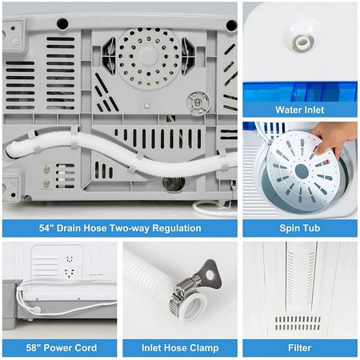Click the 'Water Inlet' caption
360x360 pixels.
(x=300, y=110)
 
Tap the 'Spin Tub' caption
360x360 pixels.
(x=300, y=228)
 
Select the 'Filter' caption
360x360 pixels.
(x=300, y=348)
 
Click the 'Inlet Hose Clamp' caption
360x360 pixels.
(x=180, y=348)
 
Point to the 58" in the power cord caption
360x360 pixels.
(x=33, y=348)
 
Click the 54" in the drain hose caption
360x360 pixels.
(x=46, y=228)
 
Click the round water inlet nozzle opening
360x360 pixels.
(x=302, y=42)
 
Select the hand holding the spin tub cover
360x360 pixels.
(x=334, y=138)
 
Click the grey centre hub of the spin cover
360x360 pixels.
(x=302, y=171)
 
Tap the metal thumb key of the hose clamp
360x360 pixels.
(x=211, y=274)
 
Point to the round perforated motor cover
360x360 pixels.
(x=148, y=58)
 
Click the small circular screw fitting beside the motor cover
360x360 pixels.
(x=198, y=103)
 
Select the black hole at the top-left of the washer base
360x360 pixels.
(x=62, y=24)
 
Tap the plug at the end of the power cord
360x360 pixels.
(x=35, y=310)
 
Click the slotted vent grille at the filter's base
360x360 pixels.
(x=298, y=323)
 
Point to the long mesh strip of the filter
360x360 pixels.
(x=302, y=280)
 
